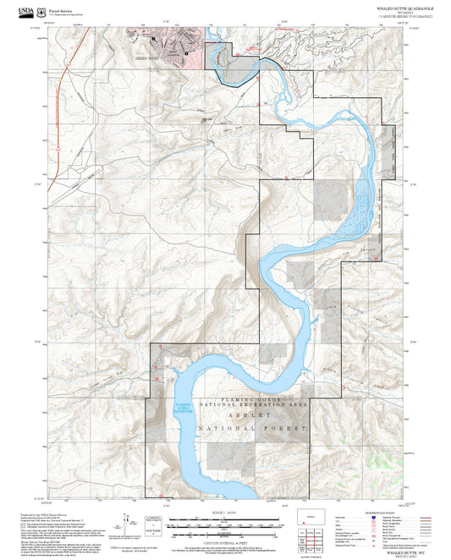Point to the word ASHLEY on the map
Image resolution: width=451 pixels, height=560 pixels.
tap(250, 417)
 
